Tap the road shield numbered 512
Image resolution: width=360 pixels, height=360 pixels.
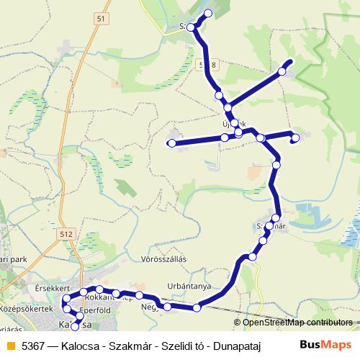66,234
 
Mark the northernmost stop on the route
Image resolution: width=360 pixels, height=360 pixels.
209,14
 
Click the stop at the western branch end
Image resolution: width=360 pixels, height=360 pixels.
171,144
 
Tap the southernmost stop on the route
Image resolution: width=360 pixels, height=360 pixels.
76,328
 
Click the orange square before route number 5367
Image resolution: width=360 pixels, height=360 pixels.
10,346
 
